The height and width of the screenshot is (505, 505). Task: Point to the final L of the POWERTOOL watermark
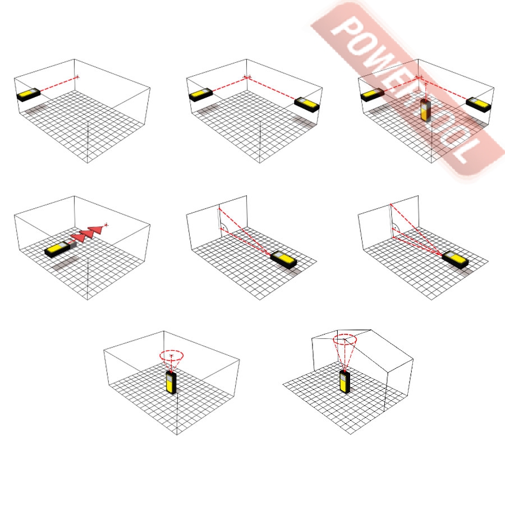click(466, 151)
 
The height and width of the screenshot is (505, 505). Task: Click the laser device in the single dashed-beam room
click(29, 95)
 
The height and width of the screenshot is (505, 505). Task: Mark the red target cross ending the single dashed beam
click(77, 77)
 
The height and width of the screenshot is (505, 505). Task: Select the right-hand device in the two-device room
click(307, 104)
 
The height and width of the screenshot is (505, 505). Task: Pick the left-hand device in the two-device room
click(201, 95)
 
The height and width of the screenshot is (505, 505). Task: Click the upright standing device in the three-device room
click(425, 110)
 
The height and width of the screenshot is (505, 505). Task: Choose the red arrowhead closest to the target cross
click(96, 229)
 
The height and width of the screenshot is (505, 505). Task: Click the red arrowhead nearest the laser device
click(77, 238)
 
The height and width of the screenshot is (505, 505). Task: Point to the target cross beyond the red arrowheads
click(106, 225)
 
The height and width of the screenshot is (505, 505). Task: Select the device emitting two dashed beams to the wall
click(283, 260)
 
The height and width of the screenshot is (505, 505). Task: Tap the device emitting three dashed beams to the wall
click(455, 260)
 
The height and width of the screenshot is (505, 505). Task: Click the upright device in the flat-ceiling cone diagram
click(171, 382)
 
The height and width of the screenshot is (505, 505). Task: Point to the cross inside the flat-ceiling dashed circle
click(171, 356)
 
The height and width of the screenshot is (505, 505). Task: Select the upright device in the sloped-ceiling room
click(345, 382)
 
